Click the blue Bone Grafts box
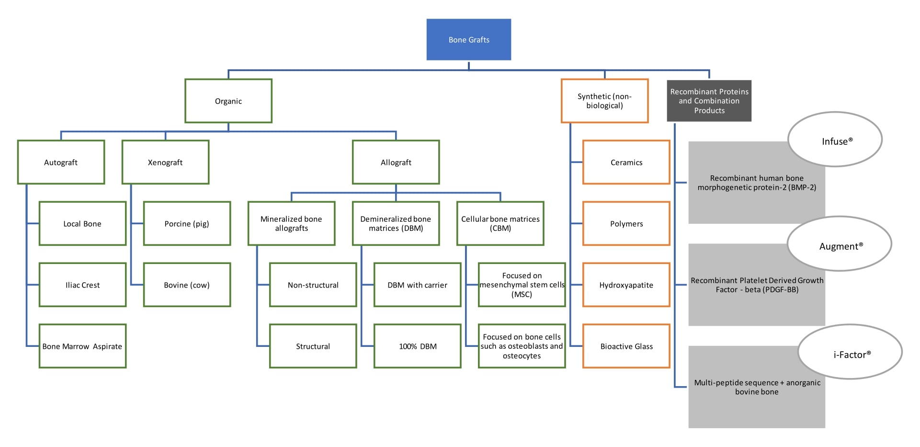[x=468, y=40]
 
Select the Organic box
[x=228, y=101]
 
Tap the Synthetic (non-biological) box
[x=604, y=101]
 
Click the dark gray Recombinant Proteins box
[x=709, y=101]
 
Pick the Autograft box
[x=61, y=162]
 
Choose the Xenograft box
[x=165, y=162]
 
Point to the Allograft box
[x=396, y=162]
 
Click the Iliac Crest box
[x=82, y=285]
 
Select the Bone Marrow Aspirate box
[x=82, y=346]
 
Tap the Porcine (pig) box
[x=187, y=224]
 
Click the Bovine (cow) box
[x=187, y=285]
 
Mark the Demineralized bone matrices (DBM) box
[x=396, y=224]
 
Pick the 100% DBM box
[x=417, y=346]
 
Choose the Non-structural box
[x=313, y=285]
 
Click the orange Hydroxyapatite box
[x=626, y=285]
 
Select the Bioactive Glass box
[x=626, y=346]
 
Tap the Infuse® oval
[x=835, y=140]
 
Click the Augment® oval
[x=840, y=244]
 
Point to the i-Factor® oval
[x=850, y=353]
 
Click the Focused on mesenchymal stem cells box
[x=522, y=285]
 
